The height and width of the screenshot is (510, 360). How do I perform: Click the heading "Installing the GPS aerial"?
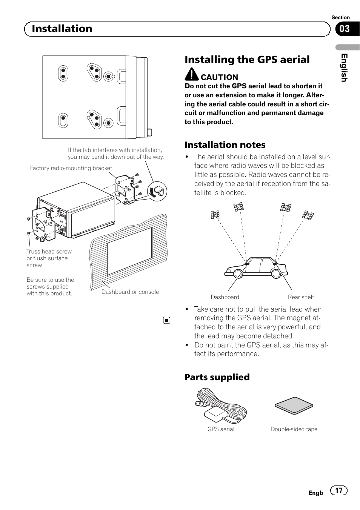[x=247, y=60]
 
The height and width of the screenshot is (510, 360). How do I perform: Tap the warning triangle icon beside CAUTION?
[x=192, y=75]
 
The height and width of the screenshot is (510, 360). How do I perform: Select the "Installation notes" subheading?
[x=225, y=145]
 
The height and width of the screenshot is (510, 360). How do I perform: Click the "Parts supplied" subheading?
[x=217, y=377]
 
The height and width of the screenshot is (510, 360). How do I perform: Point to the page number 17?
[x=339, y=490]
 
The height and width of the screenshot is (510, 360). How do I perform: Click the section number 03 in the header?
[x=345, y=29]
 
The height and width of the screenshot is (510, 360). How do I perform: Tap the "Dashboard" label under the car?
[x=225, y=297]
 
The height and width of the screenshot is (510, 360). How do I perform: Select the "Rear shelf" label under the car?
[x=301, y=297]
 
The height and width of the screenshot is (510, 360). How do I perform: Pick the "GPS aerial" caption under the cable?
[x=221, y=429]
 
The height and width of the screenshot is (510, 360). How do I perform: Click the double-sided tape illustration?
[x=294, y=406]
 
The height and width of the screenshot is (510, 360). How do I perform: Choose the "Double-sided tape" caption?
[x=294, y=429]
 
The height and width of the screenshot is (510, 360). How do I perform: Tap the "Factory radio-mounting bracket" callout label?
[x=71, y=168]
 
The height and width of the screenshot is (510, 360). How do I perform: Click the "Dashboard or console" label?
[x=130, y=292]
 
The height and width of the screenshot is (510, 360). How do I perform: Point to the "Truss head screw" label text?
[x=49, y=252]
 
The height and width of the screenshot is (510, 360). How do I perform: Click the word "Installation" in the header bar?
[x=62, y=29]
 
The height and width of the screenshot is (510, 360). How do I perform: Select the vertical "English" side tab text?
[x=344, y=68]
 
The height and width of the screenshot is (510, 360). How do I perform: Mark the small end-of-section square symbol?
[x=166, y=321]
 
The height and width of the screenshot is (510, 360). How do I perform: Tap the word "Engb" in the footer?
[x=316, y=493]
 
